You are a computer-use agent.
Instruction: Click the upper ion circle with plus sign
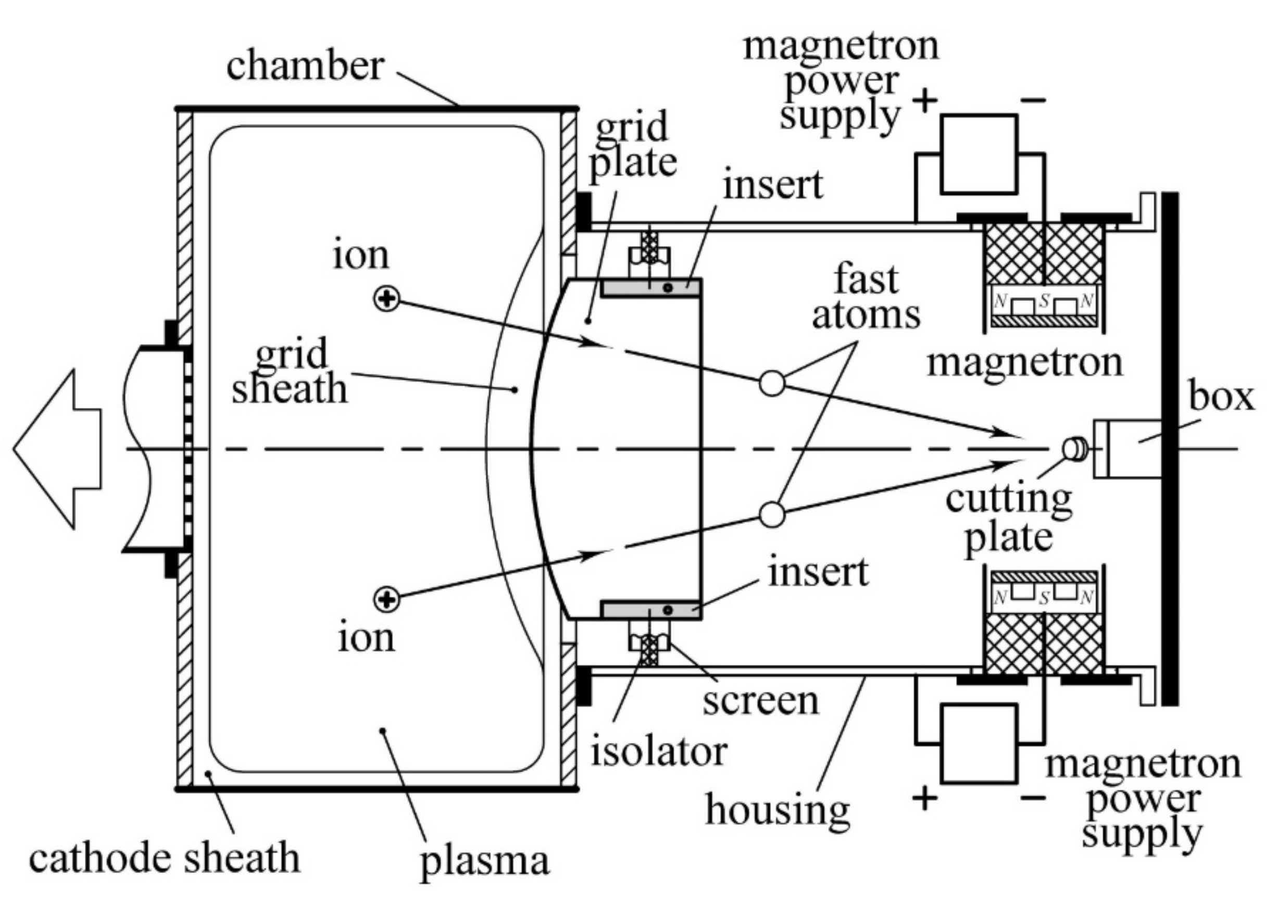[386, 298]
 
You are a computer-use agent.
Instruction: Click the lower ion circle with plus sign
[386, 600]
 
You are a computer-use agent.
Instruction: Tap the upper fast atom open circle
[772, 383]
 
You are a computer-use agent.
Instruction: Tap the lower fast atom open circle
[772, 514]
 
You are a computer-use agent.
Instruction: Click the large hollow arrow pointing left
[56, 449]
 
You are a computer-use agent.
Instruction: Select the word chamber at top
[305, 66]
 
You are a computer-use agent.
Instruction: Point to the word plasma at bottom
[485, 861]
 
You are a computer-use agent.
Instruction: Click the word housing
[778, 810]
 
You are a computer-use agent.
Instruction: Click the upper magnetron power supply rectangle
[979, 155]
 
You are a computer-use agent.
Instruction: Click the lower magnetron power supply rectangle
[979, 743]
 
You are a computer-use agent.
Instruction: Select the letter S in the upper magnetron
[1043, 301]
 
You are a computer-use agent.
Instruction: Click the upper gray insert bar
[650, 288]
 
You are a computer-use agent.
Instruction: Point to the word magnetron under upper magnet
[1025, 363]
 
